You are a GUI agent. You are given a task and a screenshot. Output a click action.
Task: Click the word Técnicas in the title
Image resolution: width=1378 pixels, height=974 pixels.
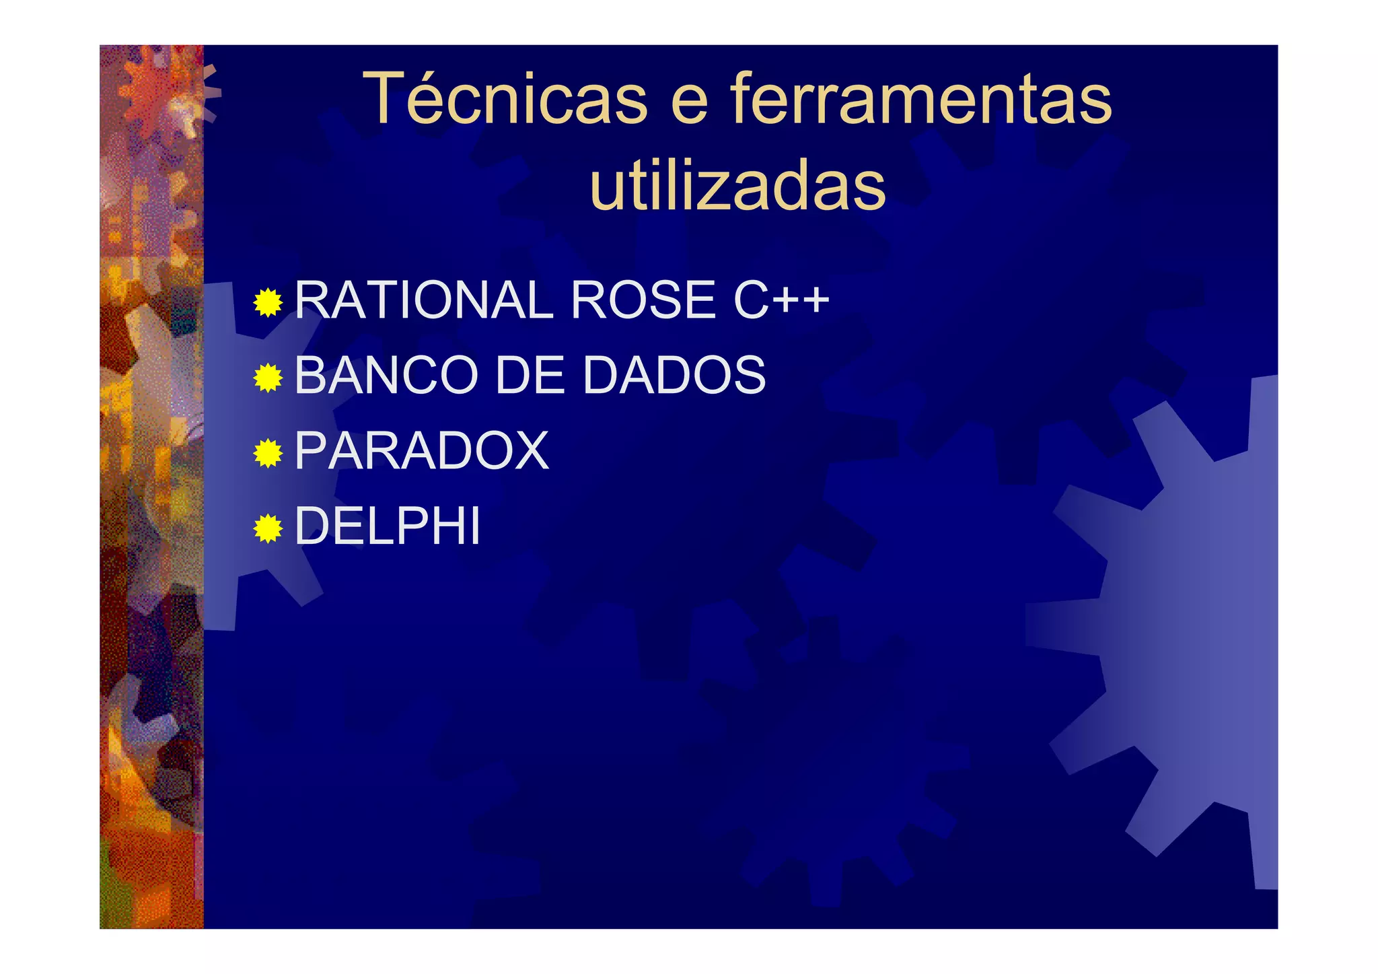coord(505,99)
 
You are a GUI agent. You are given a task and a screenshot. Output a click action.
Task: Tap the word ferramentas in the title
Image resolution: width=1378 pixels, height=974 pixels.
coord(921,99)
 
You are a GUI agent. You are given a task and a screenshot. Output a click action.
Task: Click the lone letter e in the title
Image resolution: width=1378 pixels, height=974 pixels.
coord(690,104)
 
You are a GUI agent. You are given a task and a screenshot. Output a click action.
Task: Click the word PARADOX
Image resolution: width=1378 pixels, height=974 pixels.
coord(422,450)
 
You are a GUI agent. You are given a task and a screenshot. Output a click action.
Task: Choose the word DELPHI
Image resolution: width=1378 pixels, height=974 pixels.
coord(388,526)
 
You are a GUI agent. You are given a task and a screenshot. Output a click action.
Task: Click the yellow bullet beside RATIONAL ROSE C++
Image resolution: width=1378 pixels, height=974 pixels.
coord(268,303)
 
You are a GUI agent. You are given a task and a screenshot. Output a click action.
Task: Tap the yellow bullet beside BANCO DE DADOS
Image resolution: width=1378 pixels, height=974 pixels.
coord(268,378)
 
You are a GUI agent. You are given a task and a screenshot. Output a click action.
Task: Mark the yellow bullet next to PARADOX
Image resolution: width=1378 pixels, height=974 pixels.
coord(268,454)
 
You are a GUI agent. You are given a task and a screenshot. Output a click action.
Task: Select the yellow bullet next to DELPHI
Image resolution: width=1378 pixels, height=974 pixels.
coord(268,529)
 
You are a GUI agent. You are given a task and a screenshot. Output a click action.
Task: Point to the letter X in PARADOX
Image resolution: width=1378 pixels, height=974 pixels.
coord(528,450)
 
